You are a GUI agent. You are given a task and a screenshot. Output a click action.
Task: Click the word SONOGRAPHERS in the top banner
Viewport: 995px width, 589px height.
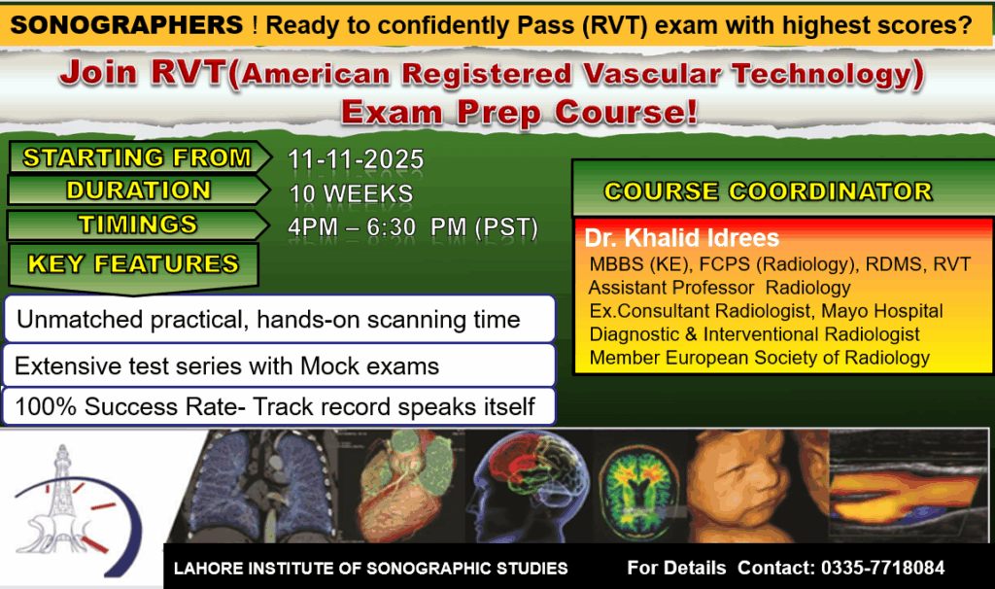(x=127, y=25)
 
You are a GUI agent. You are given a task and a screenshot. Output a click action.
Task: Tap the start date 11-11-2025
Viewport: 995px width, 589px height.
(x=356, y=159)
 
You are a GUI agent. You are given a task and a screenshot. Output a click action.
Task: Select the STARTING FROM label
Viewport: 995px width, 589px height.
(x=137, y=157)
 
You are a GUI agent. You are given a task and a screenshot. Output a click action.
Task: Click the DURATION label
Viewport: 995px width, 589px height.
(x=138, y=191)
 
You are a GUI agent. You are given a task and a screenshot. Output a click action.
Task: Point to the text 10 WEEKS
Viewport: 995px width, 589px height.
(x=351, y=193)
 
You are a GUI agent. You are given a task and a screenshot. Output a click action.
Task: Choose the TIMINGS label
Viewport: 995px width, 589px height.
(x=138, y=225)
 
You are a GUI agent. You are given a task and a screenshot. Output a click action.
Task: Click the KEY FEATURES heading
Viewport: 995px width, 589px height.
(x=133, y=264)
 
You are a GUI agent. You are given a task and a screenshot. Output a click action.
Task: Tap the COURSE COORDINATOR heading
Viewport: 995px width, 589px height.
(x=768, y=191)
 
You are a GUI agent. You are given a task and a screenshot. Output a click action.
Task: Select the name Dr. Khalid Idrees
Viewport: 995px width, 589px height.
(x=681, y=238)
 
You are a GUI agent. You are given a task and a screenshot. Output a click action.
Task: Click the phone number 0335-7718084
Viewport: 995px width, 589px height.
(x=882, y=568)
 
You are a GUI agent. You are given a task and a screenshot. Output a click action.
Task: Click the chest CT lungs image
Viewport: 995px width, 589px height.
(x=266, y=486)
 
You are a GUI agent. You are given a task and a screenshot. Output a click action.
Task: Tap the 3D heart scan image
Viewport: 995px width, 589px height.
(x=403, y=486)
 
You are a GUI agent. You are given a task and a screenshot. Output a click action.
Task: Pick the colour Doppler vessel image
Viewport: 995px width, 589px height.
(x=909, y=486)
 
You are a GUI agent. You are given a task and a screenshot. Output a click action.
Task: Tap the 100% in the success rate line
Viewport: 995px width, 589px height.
(x=46, y=407)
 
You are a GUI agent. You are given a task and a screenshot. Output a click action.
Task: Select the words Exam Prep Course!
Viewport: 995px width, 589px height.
(x=519, y=113)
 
